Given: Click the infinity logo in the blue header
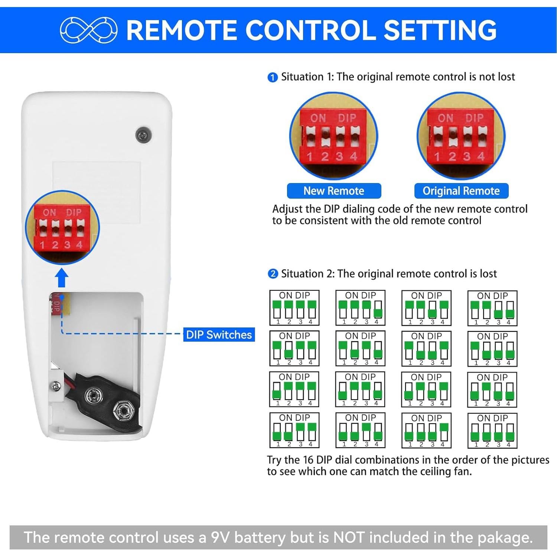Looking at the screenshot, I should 88,30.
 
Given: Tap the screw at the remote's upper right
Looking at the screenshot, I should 143,135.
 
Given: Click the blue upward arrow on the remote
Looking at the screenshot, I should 62,278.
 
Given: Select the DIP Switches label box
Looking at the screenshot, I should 219,335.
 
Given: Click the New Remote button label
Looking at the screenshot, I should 334,191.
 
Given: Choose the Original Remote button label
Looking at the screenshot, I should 461,191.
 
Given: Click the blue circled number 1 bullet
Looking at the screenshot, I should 273,77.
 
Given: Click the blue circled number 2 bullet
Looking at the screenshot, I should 273,274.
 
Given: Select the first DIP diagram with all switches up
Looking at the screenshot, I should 294,308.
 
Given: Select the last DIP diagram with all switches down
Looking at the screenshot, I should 492,430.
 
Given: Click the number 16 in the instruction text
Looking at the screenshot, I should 308,460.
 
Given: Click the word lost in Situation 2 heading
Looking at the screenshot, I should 488,274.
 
